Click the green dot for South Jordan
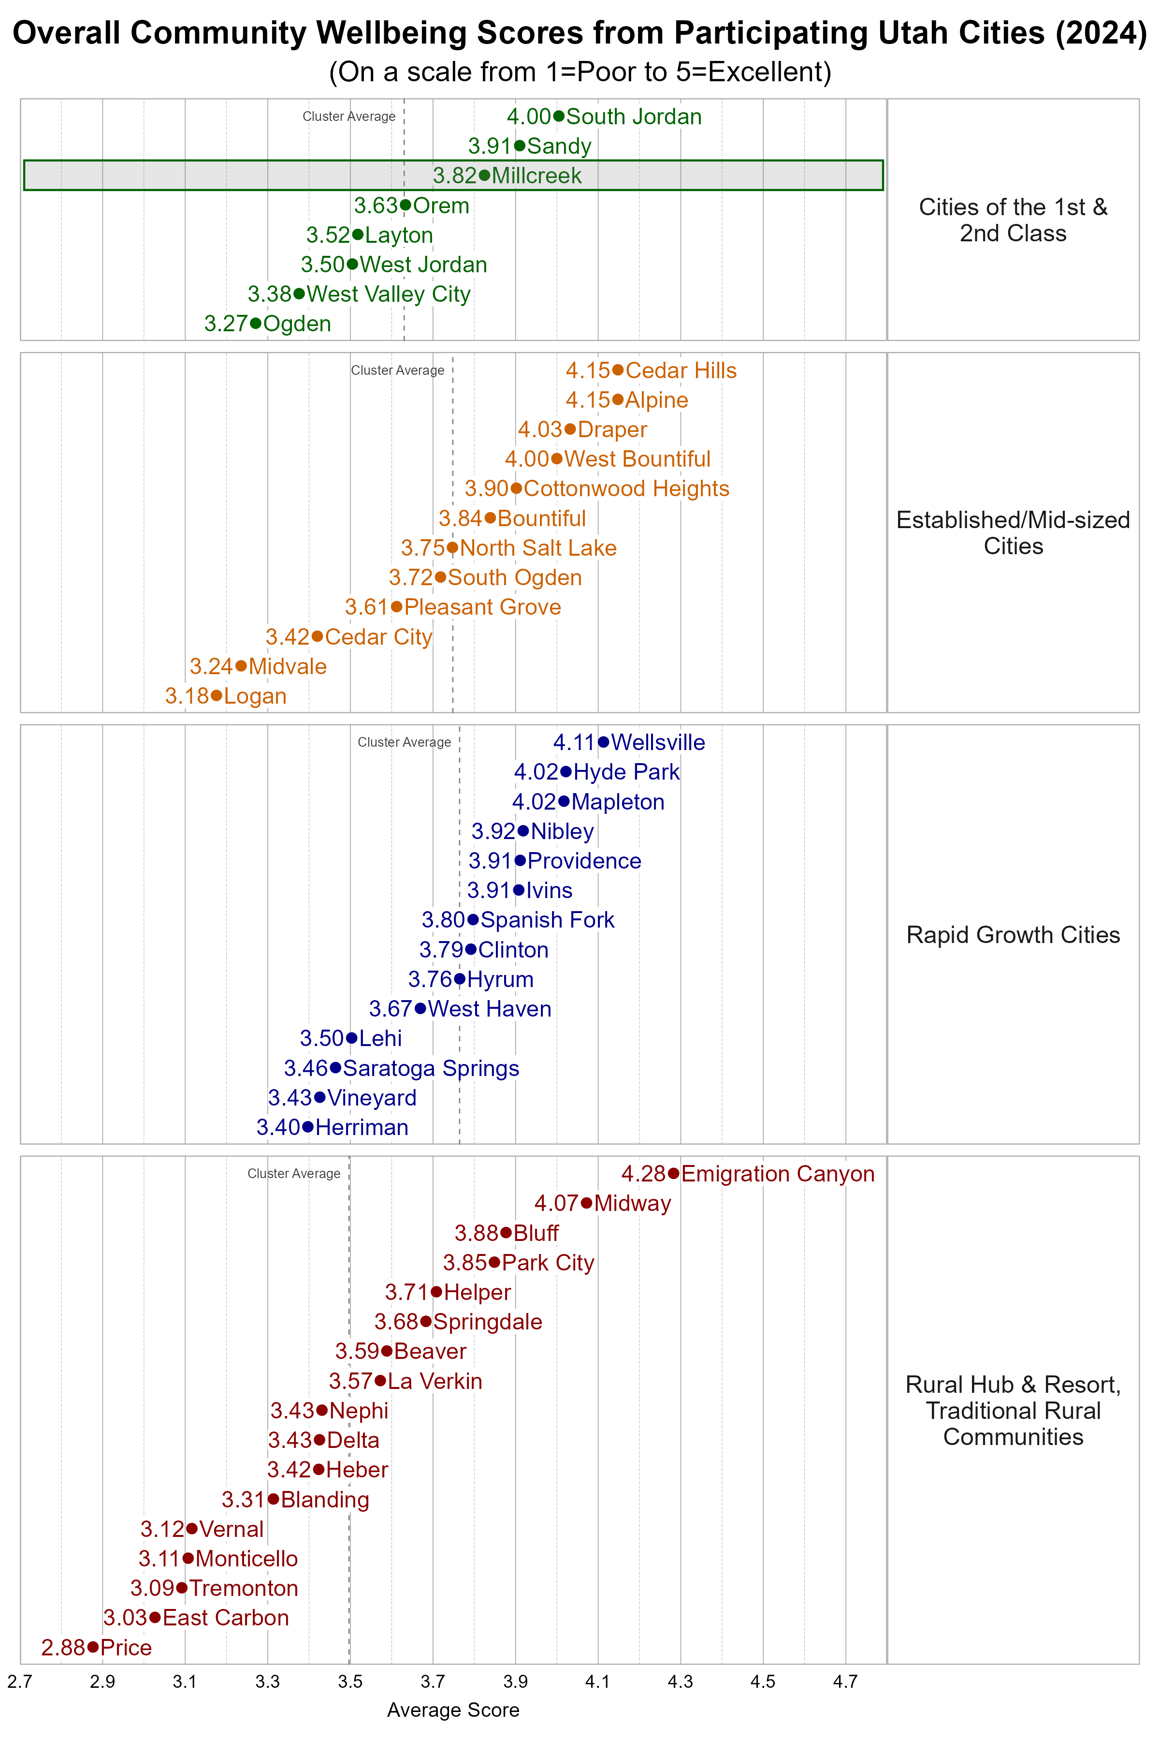[x=559, y=116]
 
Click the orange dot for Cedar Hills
[x=618, y=370]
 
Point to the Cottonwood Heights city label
[x=626, y=488]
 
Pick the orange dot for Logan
[x=216, y=696]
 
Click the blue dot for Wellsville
[x=604, y=742]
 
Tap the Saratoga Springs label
[x=431, y=1068]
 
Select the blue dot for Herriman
[x=308, y=1127]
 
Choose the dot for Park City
[x=494, y=1262]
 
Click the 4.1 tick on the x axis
[x=598, y=1682]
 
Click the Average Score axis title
[x=453, y=1710]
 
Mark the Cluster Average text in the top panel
[x=348, y=116]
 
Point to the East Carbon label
[x=226, y=1618]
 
